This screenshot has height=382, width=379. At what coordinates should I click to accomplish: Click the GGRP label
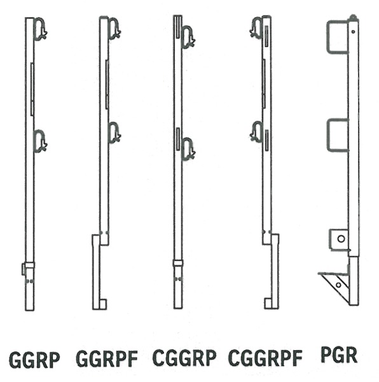tap(34, 360)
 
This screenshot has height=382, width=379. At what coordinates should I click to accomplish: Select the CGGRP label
tap(184, 357)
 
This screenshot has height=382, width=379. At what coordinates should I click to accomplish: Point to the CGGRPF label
tap(265, 358)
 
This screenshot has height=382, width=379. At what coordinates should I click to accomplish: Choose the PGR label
tap(339, 355)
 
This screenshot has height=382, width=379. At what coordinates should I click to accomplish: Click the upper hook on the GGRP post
tap(41, 29)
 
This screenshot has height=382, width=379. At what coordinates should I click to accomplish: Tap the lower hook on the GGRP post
tap(41, 141)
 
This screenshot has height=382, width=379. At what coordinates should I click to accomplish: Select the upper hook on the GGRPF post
tap(114, 28)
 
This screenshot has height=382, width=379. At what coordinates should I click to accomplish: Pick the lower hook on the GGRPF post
tap(114, 132)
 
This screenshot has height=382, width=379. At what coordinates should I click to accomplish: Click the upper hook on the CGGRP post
tap(188, 38)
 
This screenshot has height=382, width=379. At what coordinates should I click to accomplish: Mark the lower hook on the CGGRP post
tap(188, 149)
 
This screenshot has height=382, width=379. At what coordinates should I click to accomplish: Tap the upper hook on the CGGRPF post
tap(256, 27)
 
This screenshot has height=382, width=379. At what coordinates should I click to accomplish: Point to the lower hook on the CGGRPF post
tap(256, 132)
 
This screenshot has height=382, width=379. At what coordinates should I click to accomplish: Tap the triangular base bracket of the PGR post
tap(334, 286)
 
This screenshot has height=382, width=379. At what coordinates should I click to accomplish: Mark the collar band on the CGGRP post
tap(178, 263)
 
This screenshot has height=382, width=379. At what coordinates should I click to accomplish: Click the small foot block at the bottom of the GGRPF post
tap(102, 304)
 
